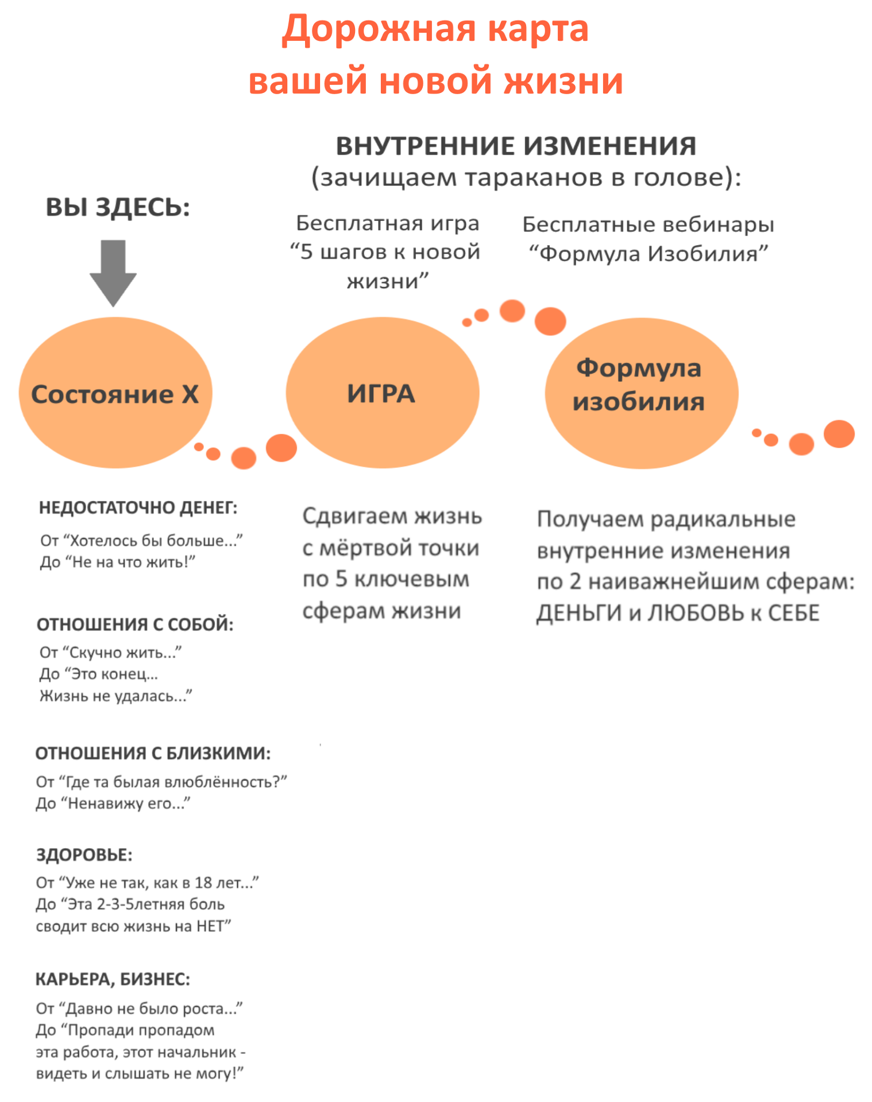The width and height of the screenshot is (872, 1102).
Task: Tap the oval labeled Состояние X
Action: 115,393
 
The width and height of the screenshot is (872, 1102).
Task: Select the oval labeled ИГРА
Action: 382,393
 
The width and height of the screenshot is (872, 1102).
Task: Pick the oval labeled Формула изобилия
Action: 641,393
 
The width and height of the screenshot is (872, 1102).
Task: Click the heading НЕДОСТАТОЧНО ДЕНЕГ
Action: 138,508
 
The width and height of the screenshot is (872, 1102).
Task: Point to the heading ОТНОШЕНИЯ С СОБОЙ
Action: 135,624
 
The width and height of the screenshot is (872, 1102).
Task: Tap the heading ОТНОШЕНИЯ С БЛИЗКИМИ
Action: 153,753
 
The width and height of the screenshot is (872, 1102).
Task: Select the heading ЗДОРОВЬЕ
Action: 84,855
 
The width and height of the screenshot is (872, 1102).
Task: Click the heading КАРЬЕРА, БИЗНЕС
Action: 113,979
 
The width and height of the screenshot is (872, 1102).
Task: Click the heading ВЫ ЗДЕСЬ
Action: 118,207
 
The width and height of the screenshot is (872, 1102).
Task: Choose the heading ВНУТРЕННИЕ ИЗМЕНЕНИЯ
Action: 516,146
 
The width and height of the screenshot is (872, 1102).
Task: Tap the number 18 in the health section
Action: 203,883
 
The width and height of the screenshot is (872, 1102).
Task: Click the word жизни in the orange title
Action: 564,80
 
